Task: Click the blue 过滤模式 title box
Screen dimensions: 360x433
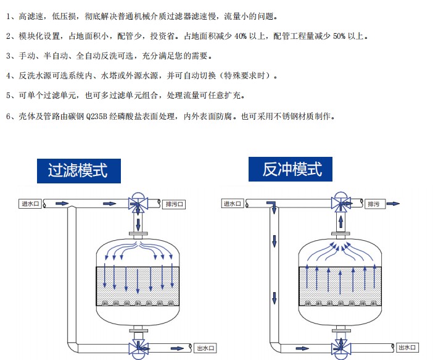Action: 78,169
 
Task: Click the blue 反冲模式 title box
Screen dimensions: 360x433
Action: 292,168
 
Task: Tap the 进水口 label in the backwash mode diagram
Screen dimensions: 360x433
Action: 233,203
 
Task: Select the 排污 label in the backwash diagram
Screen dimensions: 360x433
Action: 374,204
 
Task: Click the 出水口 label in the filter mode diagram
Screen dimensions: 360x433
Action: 205,348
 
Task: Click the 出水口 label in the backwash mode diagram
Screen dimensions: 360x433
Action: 407,348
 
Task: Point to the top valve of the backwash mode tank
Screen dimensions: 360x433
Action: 339,203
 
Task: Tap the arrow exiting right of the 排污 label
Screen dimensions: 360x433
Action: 394,204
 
